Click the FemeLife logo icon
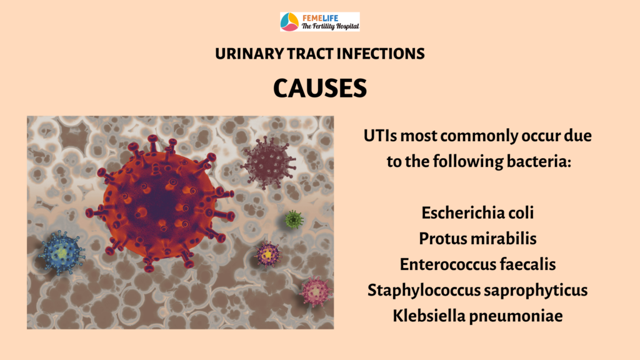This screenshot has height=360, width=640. pos(289,22)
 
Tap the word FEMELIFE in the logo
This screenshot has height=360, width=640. pos(321,18)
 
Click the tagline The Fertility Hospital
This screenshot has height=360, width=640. pos(330,26)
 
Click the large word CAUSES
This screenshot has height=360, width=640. pos(320,88)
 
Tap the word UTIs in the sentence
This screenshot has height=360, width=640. pos(380,136)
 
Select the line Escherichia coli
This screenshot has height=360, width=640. pos(477,212)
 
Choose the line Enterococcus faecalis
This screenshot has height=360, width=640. pos(477,264)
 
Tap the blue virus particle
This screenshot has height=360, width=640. pos(62,253)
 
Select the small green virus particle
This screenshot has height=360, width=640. pos(294,219)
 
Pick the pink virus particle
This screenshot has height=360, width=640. pos(316,291)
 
